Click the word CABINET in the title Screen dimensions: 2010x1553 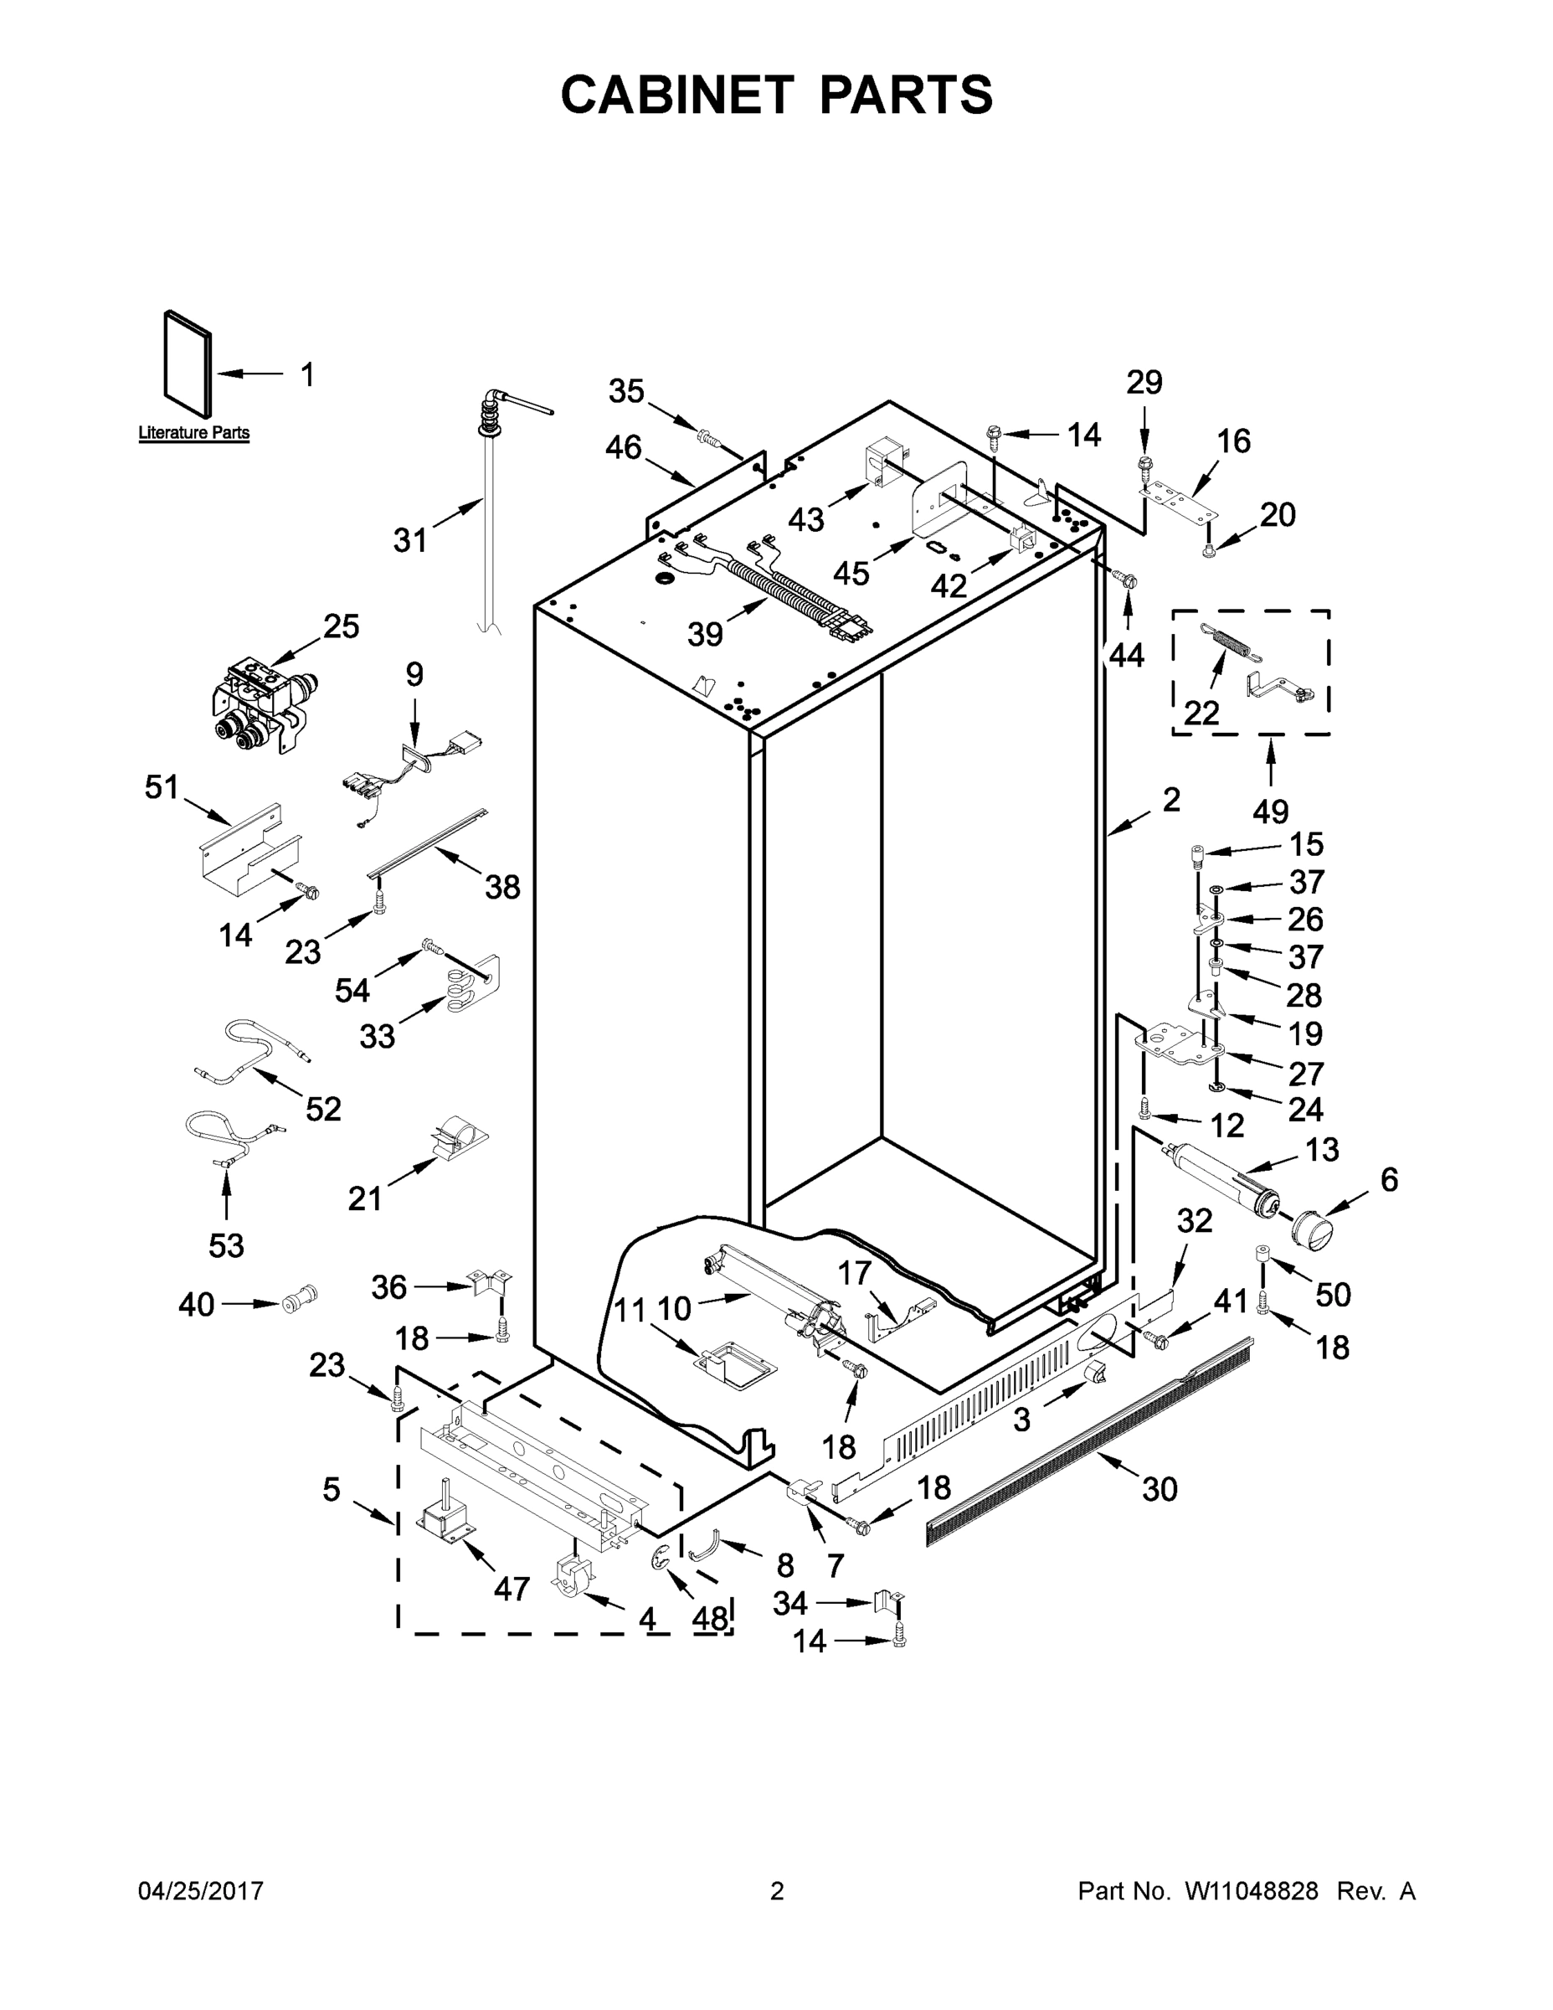pyautogui.click(x=676, y=95)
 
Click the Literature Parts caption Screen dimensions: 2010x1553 pyautogui.click(x=193, y=432)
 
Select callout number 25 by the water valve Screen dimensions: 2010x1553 pyautogui.click(x=341, y=626)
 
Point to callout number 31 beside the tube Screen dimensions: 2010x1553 pyautogui.click(x=410, y=540)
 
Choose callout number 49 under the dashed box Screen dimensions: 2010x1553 pyautogui.click(x=1271, y=811)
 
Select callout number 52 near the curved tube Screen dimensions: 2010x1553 pyautogui.click(x=323, y=1109)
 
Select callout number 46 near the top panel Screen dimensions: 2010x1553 pyautogui.click(x=623, y=448)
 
